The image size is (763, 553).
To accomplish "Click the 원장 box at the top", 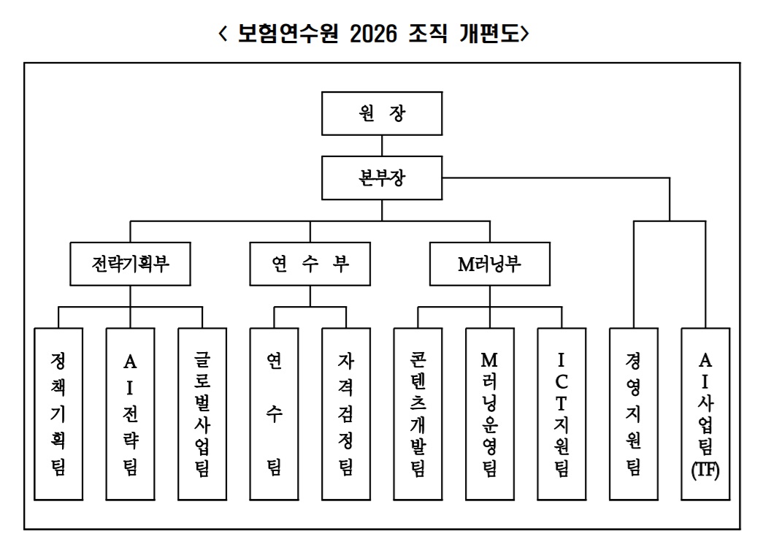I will click(x=382, y=114).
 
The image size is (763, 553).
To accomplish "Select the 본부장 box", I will click(x=382, y=178).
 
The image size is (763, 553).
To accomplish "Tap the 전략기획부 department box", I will click(x=131, y=264).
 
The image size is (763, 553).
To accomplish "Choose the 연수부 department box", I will click(x=310, y=264).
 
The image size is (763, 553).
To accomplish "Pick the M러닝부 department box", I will click(x=489, y=264).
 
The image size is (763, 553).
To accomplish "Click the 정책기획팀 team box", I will click(x=58, y=413).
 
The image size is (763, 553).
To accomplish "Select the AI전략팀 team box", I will click(x=130, y=413).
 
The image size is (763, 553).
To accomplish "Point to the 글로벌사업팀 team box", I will click(x=202, y=413).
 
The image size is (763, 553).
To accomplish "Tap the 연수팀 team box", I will click(x=274, y=413).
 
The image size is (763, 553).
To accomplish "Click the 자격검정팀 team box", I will click(x=345, y=413).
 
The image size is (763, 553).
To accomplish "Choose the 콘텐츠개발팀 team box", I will click(x=418, y=413).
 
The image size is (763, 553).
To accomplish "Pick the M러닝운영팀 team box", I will click(x=489, y=413).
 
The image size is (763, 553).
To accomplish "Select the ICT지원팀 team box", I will click(x=561, y=413).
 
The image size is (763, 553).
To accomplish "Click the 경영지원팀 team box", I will click(x=633, y=413).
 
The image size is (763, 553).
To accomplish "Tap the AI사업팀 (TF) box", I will click(x=705, y=413).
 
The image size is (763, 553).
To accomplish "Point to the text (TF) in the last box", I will click(x=705, y=470).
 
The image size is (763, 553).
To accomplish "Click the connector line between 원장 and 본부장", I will click(x=382, y=146).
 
